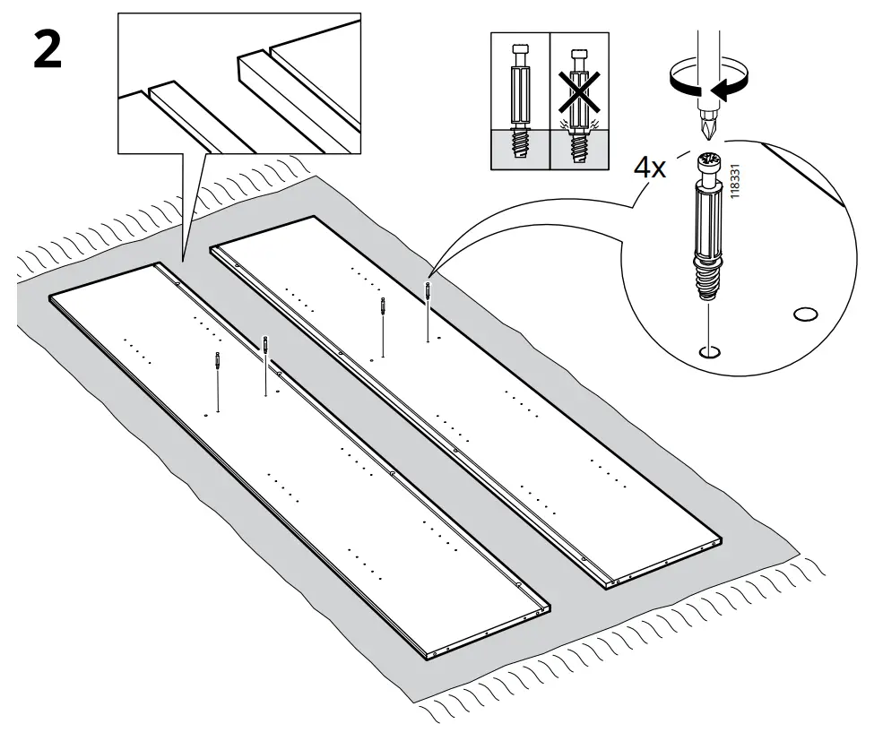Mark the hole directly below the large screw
[x=709, y=352]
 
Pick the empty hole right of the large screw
[x=806, y=314]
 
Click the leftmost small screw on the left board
[x=218, y=362]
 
